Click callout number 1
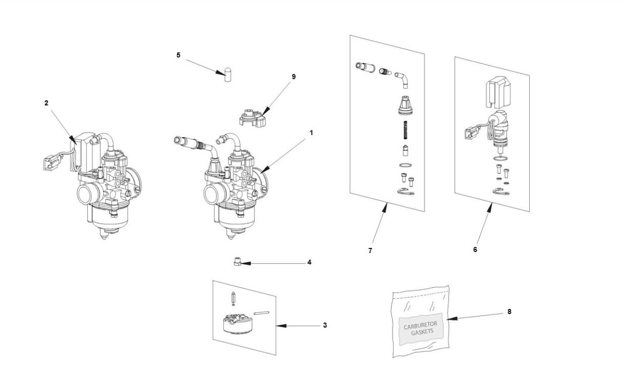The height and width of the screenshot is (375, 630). pyautogui.click(x=311, y=133)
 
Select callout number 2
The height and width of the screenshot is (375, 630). pyautogui.click(x=46, y=103)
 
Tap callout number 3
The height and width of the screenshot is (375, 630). pyautogui.click(x=325, y=326)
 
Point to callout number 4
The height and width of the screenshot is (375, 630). pyautogui.click(x=309, y=262)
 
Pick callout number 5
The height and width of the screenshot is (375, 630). pyautogui.click(x=178, y=55)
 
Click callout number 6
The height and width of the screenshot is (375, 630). pyautogui.click(x=475, y=249)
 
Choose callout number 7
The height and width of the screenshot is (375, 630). pyautogui.click(x=370, y=251)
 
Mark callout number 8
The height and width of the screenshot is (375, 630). pyautogui.click(x=509, y=311)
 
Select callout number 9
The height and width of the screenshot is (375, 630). pyautogui.click(x=293, y=77)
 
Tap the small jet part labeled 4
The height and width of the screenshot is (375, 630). pyautogui.click(x=237, y=261)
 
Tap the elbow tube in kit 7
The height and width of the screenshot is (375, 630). pyautogui.click(x=402, y=80)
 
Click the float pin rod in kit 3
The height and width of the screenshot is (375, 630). pyautogui.click(x=261, y=314)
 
